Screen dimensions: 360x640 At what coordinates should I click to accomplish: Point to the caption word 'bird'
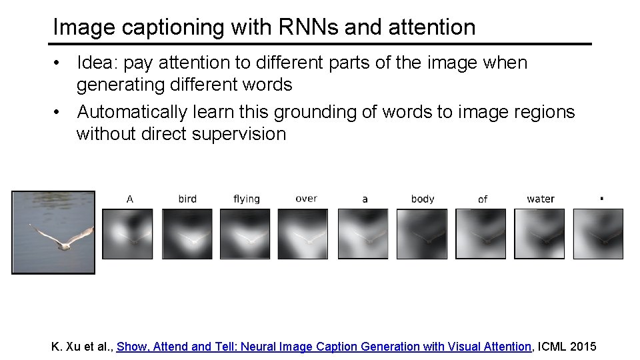(x=187, y=199)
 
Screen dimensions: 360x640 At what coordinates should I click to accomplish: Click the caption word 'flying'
(x=246, y=199)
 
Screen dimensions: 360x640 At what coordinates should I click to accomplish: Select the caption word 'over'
(x=306, y=199)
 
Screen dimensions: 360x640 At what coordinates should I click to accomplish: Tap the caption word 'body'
(x=423, y=199)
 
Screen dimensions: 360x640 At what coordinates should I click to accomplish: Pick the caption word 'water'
(x=540, y=199)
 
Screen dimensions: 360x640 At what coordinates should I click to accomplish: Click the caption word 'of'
(x=483, y=199)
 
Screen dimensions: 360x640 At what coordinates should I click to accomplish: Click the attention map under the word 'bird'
(x=187, y=234)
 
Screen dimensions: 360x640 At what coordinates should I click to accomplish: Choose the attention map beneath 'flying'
(x=245, y=234)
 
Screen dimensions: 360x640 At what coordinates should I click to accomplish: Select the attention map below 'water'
(x=539, y=234)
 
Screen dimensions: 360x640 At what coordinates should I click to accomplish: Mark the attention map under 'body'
(x=422, y=234)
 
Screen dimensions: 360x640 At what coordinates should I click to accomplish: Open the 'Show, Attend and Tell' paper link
(x=324, y=347)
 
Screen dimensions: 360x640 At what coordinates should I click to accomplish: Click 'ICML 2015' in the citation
(x=567, y=347)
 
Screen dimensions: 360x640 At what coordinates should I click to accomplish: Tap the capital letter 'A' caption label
(x=129, y=199)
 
